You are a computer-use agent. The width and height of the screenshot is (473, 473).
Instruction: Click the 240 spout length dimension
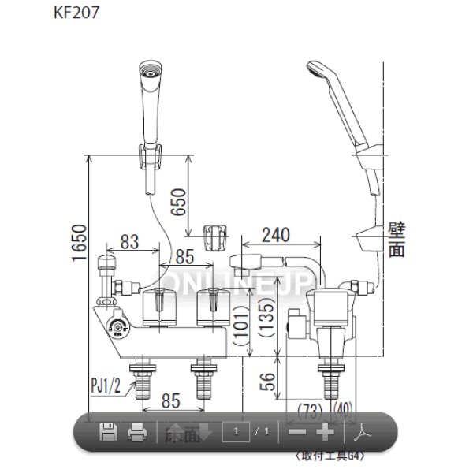(x=276, y=234)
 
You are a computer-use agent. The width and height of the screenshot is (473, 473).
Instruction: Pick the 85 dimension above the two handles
(x=184, y=256)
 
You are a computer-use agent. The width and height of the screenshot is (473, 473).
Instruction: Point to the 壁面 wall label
(x=397, y=240)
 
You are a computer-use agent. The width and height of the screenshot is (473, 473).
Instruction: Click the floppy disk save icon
(x=108, y=431)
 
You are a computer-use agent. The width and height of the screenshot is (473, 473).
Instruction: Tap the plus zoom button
(x=325, y=431)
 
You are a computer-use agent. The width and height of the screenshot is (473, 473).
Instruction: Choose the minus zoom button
(x=297, y=431)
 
